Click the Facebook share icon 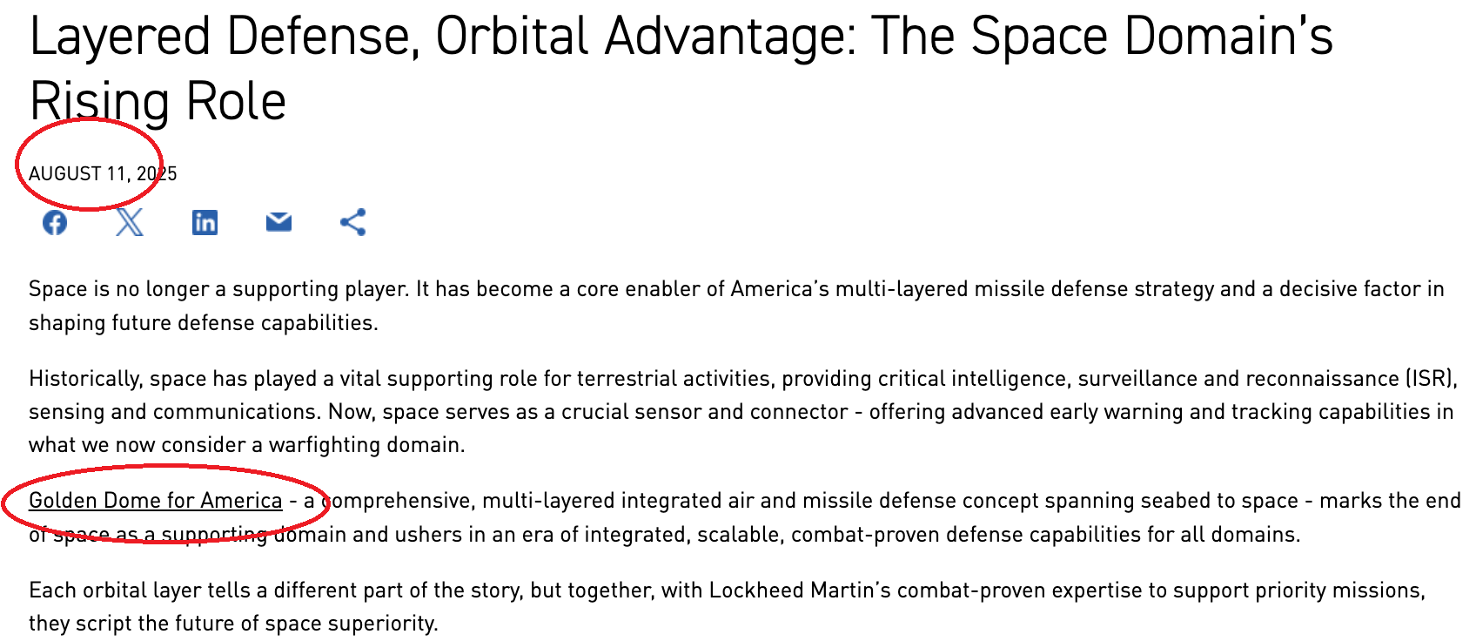point(55,223)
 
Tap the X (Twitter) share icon point(129,222)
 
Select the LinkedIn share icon point(205,223)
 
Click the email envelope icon point(278,222)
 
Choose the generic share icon point(353,222)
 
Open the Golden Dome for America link point(156,501)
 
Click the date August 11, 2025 point(103,173)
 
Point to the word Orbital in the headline point(512,36)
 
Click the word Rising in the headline point(99,103)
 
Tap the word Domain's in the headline point(1228,36)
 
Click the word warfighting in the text point(325,445)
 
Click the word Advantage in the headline point(730,37)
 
